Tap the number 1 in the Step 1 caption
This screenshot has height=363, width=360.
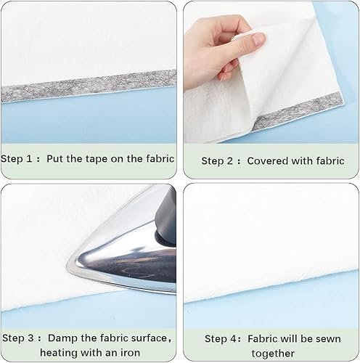coord(29,159)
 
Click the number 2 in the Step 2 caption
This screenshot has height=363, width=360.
coord(229,161)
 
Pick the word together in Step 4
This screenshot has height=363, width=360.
coord(273,354)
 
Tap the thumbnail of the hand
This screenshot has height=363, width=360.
coord(258,38)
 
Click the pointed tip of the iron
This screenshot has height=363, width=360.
coord(67,264)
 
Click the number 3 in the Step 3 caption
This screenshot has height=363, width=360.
coord(30,338)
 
